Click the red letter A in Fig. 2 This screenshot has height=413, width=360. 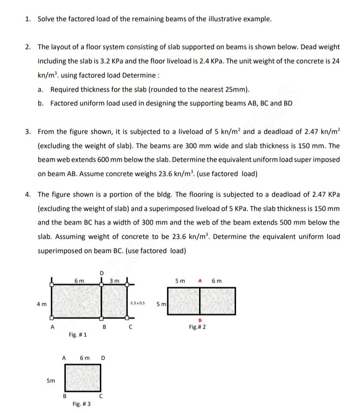(x=200, y=281)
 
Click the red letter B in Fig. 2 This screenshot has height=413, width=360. (x=200, y=320)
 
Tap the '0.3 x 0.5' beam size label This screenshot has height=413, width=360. (x=137, y=303)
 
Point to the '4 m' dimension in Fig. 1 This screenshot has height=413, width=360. (x=41, y=304)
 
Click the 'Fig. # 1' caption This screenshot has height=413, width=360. (x=77, y=334)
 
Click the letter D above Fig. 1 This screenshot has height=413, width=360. (x=102, y=273)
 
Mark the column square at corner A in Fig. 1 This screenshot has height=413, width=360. (x=52, y=318)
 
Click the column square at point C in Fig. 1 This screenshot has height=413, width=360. (x=128, y=318)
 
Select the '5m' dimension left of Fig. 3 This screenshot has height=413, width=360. (x=51, y=380)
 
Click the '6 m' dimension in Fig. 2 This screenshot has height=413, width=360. (x=217, y=281)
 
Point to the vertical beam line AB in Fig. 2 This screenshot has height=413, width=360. (x=200, y=301)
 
